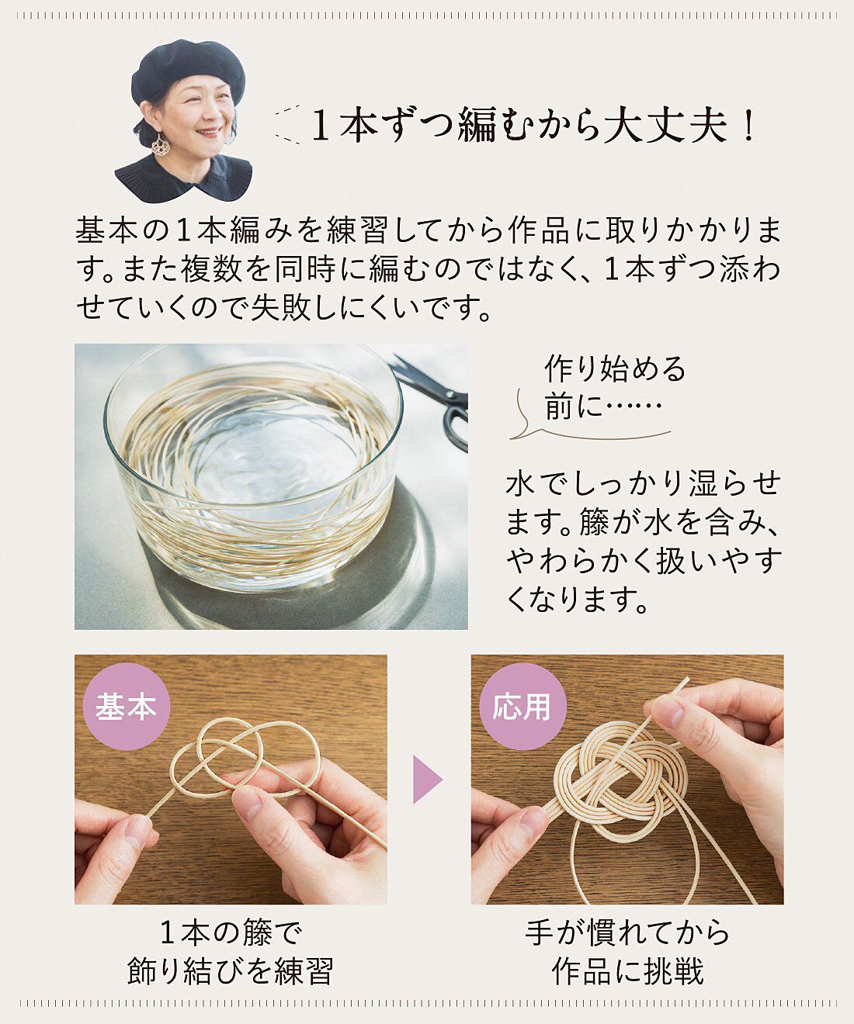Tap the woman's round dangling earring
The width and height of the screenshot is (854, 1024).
point(161,144)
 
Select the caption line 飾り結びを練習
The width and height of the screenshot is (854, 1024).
point(231,970)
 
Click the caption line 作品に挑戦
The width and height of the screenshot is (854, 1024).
point(627,970)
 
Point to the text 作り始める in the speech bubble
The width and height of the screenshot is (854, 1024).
point(615,369)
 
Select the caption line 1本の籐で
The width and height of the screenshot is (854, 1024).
point(231,932)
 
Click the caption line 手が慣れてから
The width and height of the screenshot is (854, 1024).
point(627,932)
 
